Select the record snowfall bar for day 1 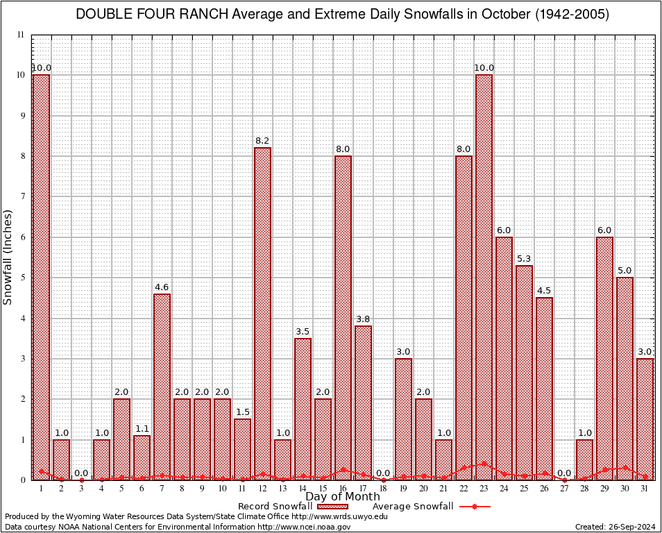(41, 277)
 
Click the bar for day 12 (262, 313)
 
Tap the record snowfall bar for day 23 (484, 277)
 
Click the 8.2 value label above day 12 (262, 141)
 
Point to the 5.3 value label (524, 259)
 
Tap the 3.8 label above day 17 (363, 319)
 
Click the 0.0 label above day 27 (564, 473)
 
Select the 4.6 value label (162, 287)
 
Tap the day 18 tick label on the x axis (383, 489)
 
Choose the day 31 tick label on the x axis (645, 489)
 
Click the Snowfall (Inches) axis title (8, 257)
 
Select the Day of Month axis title (343, 497)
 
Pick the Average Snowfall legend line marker (474, 507)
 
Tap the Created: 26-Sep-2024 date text (615, 527)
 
